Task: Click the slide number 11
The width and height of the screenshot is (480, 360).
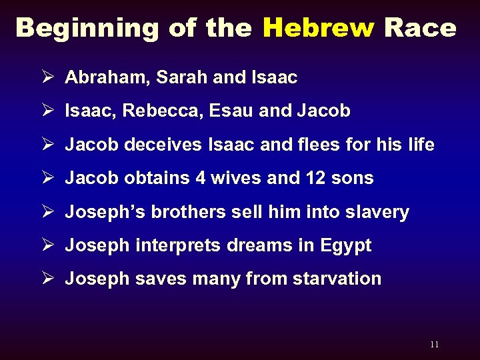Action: (x=435, y=345)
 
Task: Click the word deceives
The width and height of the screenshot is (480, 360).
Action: (x=161, y=145)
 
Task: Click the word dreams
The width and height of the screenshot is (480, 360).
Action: (x=260, y=245)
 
